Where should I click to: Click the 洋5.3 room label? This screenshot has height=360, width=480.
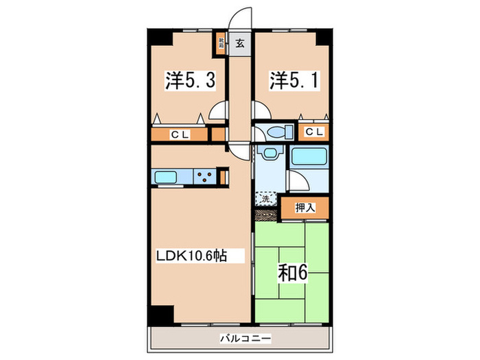190,82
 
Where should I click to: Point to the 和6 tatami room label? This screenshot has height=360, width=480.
291,272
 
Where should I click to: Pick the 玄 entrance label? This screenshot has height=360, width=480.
240,44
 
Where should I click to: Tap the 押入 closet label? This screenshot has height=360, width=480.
305,207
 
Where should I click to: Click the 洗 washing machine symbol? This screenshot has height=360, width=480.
265,200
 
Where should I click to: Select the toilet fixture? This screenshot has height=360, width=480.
278,132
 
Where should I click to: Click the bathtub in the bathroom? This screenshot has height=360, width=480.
309,157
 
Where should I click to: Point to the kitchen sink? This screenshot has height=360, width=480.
167,178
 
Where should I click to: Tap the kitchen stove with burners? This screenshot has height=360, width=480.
204,178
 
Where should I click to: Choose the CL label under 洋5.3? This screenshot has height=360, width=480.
180,134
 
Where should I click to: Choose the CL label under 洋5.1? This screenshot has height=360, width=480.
315,132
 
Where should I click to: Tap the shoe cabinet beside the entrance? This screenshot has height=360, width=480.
221,44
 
